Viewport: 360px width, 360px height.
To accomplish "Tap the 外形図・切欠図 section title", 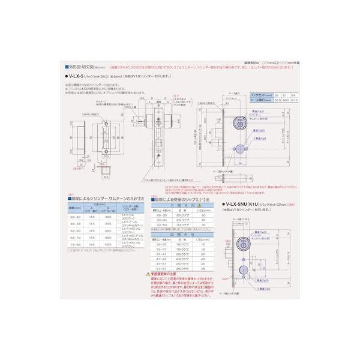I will click(84, 67).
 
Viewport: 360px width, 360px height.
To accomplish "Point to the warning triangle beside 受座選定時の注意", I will click(148, 273).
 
